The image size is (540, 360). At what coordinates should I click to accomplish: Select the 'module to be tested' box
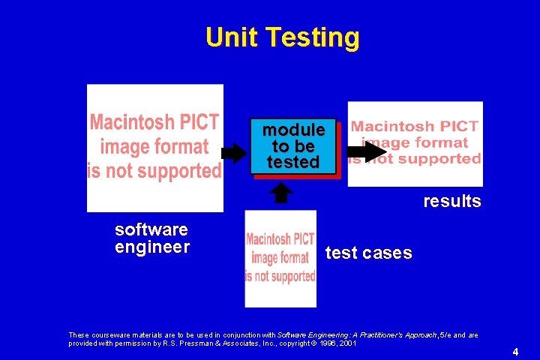tap(293, 146)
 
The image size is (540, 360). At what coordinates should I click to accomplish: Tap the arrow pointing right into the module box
tap(234, 154)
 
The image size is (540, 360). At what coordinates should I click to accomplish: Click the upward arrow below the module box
tap(280, 193)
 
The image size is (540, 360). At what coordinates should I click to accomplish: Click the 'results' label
tap(451, 201)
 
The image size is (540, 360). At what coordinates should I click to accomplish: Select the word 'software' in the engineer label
tap(151, 229)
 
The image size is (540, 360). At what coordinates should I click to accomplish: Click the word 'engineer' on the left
tap(152, 247)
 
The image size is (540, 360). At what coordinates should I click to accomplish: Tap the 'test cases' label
tap(368, 253)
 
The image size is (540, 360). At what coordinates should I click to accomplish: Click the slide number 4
tap(515, 351)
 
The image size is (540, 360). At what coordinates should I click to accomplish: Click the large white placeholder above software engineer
tap(155, 148)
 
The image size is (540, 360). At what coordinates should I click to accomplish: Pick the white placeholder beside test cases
tap(280, 259)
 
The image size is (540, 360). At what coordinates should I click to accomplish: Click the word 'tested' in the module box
tap(293, 162)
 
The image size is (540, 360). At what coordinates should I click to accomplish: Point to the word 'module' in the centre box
tap(293, 130)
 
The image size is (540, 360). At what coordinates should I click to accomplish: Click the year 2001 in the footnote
tap(347, 343)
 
